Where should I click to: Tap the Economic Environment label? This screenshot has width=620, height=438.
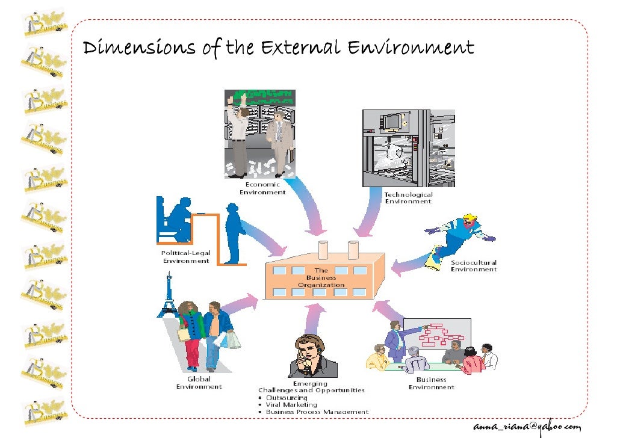point(262,188)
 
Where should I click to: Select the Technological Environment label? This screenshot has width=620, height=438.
point(408,198)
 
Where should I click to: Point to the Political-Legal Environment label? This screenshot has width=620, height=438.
point(185,257)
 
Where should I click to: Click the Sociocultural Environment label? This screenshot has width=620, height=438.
point(474,266)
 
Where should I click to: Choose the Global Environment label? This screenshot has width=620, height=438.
point(199,383)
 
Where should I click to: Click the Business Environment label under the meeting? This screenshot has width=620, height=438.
point(431,383)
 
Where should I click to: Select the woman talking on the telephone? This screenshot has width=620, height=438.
point(309,356)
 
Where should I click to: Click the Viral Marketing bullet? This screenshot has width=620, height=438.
point(291,405)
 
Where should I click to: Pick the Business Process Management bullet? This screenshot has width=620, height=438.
point(317,412)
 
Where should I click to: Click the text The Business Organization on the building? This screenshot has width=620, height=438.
point(321,278)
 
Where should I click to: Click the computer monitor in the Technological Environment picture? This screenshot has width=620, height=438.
point(392,122)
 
